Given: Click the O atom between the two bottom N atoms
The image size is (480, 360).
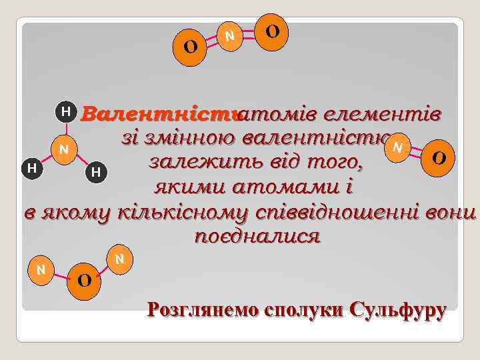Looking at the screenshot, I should point(84,279).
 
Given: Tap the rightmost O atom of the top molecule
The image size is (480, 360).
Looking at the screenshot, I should point(272,31).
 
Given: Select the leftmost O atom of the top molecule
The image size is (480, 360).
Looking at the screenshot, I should point(190,47).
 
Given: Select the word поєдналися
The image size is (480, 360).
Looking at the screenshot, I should point(257,237).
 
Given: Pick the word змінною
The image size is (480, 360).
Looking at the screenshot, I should point(177,138).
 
